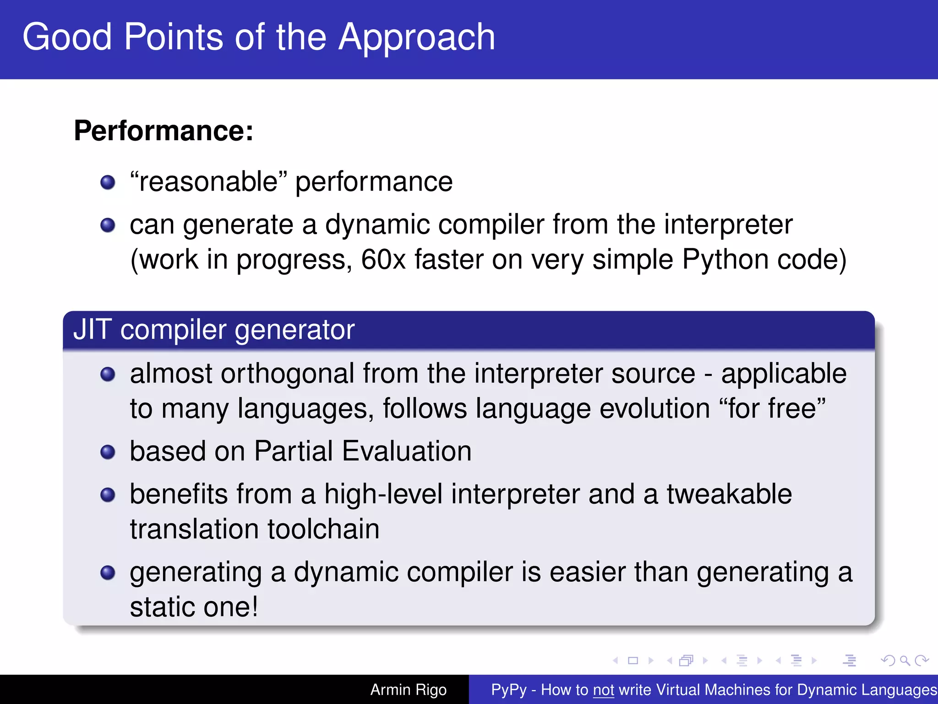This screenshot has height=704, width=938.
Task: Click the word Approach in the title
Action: coord(416,38)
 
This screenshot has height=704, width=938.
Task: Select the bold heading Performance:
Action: coord(164,131)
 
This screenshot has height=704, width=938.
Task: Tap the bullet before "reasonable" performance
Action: coord(108,182)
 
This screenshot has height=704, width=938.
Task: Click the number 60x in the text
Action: coord(383,260)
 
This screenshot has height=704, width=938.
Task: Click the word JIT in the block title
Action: coord(92,330)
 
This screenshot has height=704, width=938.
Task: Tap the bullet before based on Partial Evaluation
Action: coord(108,452)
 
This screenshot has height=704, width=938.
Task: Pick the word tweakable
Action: coord(729,495)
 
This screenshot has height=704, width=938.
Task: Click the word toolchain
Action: coord(323,529)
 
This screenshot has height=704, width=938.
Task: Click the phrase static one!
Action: coord(194,607)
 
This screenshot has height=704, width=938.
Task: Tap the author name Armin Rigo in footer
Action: coord(408,690)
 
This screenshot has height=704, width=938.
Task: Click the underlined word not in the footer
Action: coord(603,690)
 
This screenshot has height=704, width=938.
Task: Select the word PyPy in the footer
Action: coord(508,690)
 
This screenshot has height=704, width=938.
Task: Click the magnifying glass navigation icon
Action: coord(904,660)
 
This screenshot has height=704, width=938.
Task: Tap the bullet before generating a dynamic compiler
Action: coord(108,572)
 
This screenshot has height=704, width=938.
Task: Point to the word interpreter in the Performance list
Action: coord(728,225)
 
